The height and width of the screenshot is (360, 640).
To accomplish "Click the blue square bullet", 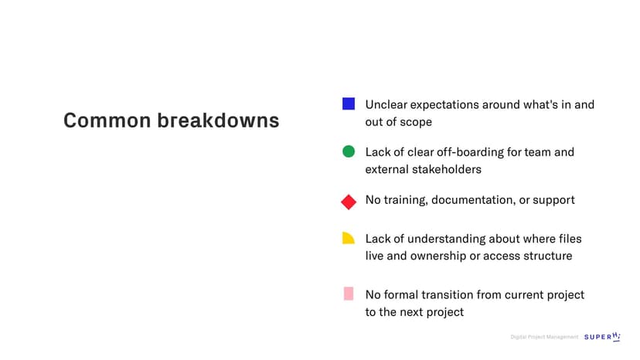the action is pos(349,104).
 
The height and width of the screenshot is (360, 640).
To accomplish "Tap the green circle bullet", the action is pos(349,151).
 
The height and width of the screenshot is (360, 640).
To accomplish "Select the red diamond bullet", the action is pos(349,202).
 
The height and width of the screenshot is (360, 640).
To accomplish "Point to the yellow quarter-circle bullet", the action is pos(348,238).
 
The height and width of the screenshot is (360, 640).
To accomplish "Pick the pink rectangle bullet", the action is pos(349,294).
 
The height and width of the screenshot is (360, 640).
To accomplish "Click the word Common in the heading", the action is pos(107,121).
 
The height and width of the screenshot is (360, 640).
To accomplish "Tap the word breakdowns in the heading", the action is pos(219,121).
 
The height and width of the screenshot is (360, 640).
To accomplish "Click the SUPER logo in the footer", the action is pos(602,336).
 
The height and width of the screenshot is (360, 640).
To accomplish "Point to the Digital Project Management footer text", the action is pos(544,337).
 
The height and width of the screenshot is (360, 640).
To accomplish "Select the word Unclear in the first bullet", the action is pos(386,104).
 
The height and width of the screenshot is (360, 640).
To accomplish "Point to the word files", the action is pos(570,239).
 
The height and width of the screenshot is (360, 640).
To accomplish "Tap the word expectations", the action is pos(444,105).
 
